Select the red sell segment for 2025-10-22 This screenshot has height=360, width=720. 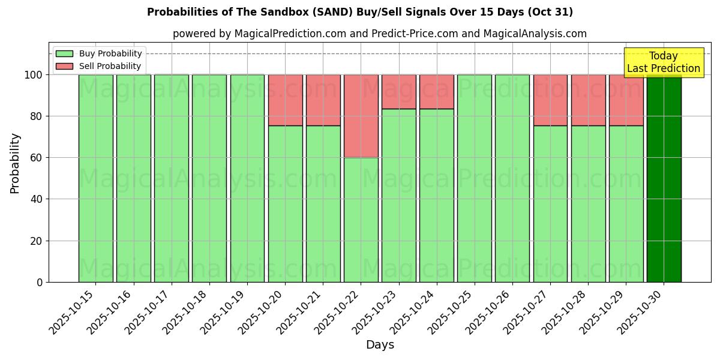[x=361, y=116]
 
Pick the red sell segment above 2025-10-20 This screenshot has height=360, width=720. [x=285, y=100]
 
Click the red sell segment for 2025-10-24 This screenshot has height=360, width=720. [x=437, y=91]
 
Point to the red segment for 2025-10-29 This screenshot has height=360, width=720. [x=626, y=100]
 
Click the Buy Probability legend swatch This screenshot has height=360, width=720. [x=64, y=54]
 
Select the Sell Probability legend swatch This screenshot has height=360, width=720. [x=64, y=67]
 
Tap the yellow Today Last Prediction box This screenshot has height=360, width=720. [x=663, y=62]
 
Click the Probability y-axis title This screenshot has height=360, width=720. [x=15, y=163]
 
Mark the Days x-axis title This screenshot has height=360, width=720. [x=380, y=345]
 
